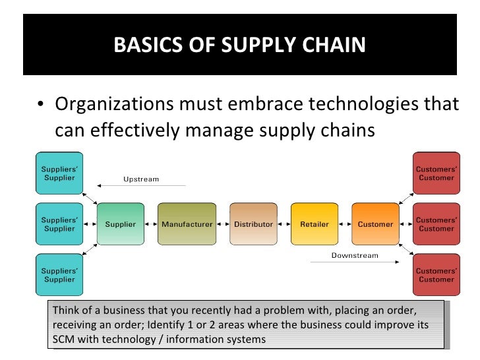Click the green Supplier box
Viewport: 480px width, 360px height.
[121, 225]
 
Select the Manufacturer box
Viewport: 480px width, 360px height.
[187, 225]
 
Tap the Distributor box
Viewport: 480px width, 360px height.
[253, 225]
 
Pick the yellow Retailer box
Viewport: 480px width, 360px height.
[314, 225]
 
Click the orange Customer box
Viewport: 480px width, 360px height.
[375, 225]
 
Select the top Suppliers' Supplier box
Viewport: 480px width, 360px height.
[59, 173]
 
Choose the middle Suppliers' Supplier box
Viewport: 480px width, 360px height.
[59, 225]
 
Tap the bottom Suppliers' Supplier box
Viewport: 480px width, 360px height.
[59, 276]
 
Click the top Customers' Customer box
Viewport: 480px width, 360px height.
[436, 173]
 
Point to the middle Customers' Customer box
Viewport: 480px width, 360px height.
[436, 225]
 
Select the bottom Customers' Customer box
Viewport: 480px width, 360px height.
[436, 276]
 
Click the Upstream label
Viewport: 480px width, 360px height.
[141, 179]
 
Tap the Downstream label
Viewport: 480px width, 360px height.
[354, 255]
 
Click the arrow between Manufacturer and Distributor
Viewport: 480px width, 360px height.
[222, 225]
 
